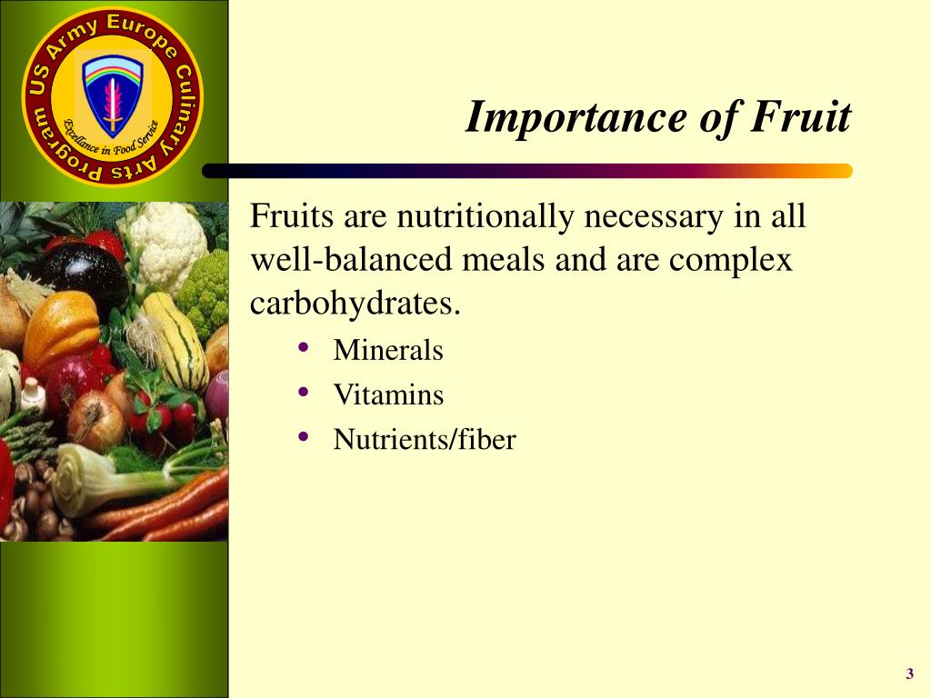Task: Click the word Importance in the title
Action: (576, 117)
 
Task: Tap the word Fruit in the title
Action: (801, 116)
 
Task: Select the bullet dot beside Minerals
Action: (304, 347)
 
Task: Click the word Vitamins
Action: (388, 394)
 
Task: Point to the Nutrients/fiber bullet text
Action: (425, 440)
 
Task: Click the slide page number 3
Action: (909, 673)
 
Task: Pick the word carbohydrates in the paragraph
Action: (355, 304)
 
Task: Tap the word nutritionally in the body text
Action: (486, 215)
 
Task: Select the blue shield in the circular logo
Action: (112, 95)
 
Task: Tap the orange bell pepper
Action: (62, 328)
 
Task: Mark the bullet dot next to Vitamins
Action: (304, 392)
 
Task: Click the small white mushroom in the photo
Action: (34, 394)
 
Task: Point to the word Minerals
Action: (388, 350)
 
